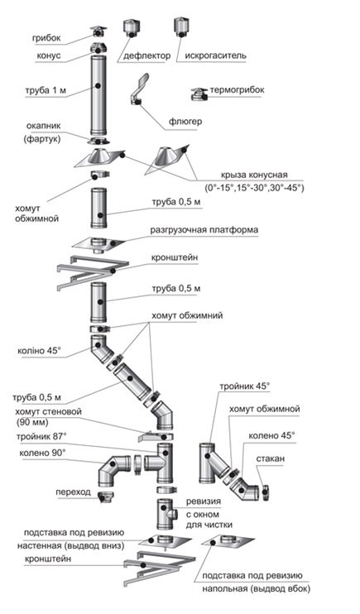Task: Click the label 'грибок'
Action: point(46,38)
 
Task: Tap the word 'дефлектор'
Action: point(147,55)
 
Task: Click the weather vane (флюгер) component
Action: point(139,89)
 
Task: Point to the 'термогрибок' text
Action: point(237,89)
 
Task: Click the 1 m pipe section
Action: point(97,95)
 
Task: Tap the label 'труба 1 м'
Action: point(46,90)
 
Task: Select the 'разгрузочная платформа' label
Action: point(204,230)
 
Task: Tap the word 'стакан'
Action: point(271,458)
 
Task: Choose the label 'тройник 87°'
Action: point(41,436)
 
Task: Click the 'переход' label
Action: point(74,492)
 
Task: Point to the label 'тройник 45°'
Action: point(245,386)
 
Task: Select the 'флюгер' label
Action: point(185,122)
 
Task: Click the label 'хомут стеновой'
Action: point(48,411)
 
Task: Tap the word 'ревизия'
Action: point(204,501)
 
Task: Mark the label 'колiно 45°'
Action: point(39,351)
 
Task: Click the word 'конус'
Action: point(49,55)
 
